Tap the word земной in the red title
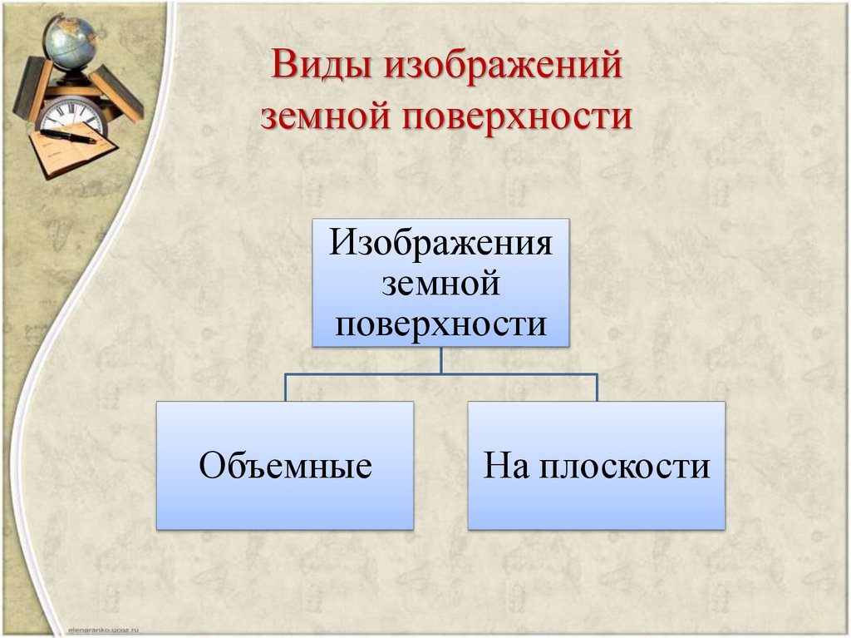(325, 116)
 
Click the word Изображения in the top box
(440, 243)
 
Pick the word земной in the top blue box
(440, 284)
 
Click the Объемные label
(286, 465)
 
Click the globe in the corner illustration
(71, 42)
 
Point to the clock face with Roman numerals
(72, 116)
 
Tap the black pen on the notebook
(68, 136)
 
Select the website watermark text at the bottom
(104, 630)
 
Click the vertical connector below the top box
(440, 360)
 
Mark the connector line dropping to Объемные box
(286, 388)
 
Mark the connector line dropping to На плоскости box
(597, 388)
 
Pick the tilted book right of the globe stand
(116, 92)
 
